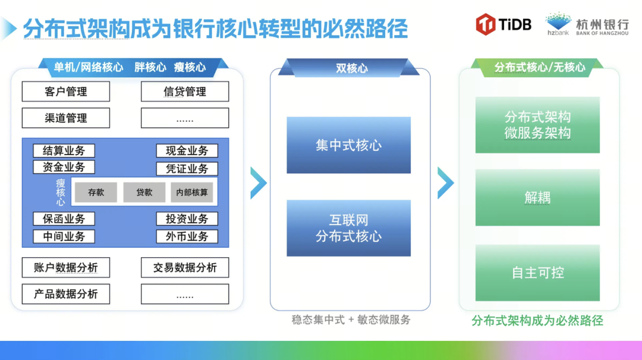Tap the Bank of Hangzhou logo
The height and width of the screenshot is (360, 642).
(587, 24)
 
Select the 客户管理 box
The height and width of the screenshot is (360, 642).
(66, 91)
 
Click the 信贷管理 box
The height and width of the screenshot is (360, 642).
(185, 91)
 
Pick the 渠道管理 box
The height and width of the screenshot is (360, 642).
(66, 118)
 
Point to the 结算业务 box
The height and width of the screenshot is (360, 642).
(64, 151)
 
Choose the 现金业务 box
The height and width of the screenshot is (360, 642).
(187, 151)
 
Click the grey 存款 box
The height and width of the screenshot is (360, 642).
(96, 192)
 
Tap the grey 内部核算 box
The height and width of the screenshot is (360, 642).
(192, 192)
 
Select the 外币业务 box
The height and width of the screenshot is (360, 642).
(187, 236)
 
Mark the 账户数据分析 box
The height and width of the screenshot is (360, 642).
(66, 267)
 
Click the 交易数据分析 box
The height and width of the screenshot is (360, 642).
(185, 267)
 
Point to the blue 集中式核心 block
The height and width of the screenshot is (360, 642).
(348, 146)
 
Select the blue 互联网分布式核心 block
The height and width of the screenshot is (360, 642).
(348, 228)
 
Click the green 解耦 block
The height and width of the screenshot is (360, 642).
(537, 197)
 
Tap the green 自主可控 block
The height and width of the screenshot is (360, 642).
(537, 273)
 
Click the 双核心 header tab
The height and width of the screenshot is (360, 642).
(351, 68)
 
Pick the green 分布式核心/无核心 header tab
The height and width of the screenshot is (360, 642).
(539, 67)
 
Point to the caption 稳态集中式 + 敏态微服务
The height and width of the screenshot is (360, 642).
(351, 320)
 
